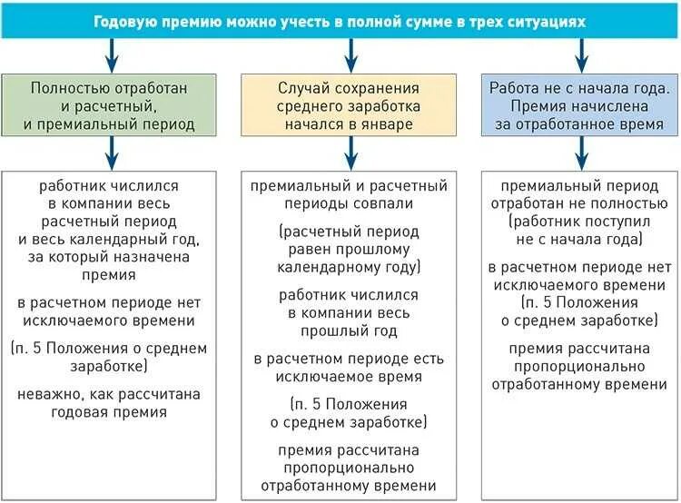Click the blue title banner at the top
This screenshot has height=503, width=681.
point(340,20)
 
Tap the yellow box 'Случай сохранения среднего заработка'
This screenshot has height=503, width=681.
point(349,105)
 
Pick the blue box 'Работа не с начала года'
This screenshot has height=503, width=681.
point(579,105)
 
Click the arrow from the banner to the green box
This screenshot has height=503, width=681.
point(111,55)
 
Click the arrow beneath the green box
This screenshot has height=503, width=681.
point(111,152)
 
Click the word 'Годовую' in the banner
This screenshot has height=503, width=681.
point(128,20)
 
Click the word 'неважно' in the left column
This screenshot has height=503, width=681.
point(48,394)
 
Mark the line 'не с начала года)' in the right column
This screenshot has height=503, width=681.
point(579,239)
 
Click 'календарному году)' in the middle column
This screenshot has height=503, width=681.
point(349,268)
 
